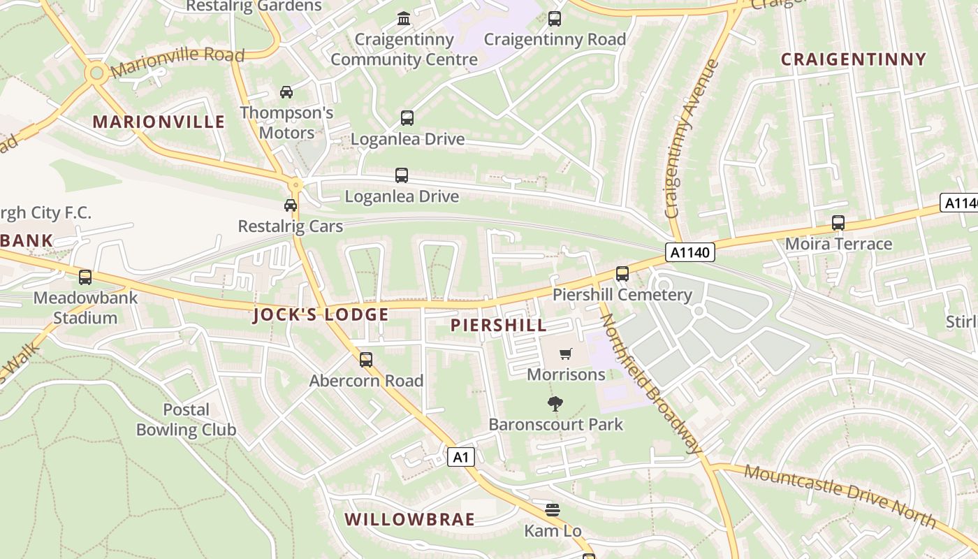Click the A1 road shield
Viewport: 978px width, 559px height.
[460, 458]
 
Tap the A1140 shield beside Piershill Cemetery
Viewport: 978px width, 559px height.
[689, 252]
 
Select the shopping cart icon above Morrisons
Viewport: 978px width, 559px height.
[566, 354]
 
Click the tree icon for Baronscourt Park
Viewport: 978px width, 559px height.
[555, 403]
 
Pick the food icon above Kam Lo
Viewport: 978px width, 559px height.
[553, 509]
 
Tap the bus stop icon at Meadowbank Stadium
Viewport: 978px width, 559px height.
[85, 277]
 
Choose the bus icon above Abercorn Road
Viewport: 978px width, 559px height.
[366, 360]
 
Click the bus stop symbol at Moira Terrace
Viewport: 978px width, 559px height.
[838, 223]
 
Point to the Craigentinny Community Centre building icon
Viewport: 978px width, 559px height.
[404, 18]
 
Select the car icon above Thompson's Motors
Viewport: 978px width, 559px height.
[286, 92]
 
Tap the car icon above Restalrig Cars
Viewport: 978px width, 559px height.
[290, 205]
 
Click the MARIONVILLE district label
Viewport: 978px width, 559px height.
[159, 122]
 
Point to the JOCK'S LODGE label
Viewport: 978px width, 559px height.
[321, 314]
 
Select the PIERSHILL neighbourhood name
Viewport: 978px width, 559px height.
[499, 325]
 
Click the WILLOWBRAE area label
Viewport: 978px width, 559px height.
[410, 519]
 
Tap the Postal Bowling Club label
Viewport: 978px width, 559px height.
[187, 419]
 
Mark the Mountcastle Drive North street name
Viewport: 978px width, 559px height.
[840, 495]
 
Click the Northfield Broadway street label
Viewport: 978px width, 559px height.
[650, 384]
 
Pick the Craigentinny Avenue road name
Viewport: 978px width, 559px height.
[692, 139]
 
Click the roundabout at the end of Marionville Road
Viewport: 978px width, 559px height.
[96, 72]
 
